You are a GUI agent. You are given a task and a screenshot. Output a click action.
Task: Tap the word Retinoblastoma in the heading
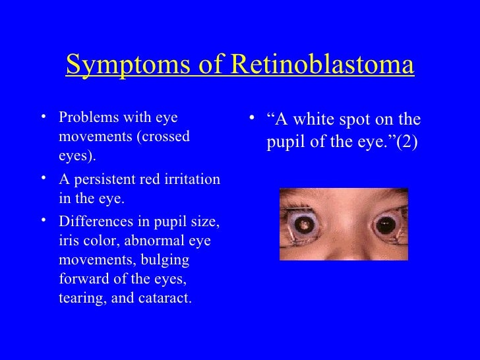click(323, 65)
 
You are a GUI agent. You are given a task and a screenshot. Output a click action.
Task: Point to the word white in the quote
click(313, 120)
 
